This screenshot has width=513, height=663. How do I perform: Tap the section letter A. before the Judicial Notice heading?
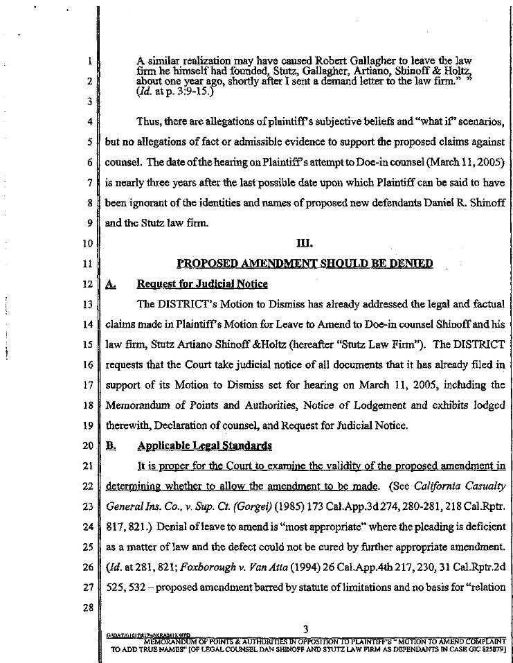111,283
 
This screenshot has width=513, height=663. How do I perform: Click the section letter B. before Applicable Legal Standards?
110,445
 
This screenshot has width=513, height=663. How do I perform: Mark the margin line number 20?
87,445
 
